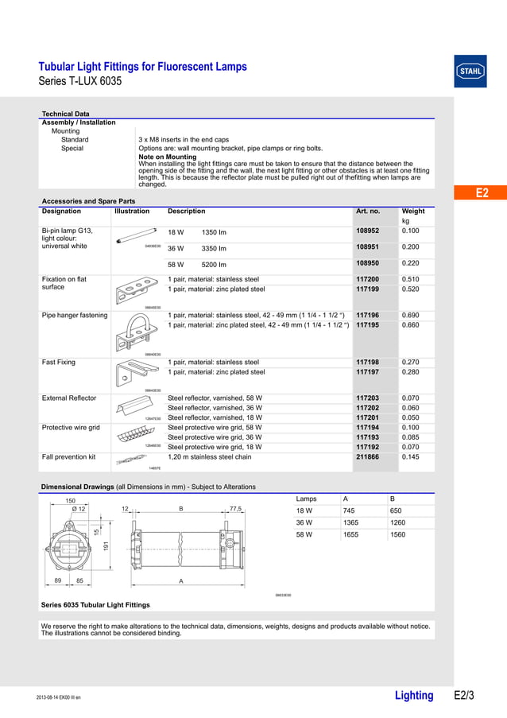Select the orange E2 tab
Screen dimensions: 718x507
pyautogui.click(x=480, y=193)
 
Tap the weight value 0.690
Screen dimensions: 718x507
pyautogui.click(x=411, y=316)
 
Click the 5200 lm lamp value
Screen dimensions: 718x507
pyautogui.click(x=214, y=264)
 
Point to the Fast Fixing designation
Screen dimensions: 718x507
pyautogui.click(x=59, y=363)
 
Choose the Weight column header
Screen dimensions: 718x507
pyautogui.click(x=413, y=212)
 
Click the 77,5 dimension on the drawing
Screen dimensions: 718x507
pyautogui.click(x=235, y=509)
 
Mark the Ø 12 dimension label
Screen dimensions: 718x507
pyautogui.click(x=78, y=509)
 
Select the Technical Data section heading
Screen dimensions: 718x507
pyautogui.click(x=65, y=114)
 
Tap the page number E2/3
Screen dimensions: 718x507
pyautogui.click(x=463, y=696)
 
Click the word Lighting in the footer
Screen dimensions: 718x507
pyautogui.click(x=414, y=696)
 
